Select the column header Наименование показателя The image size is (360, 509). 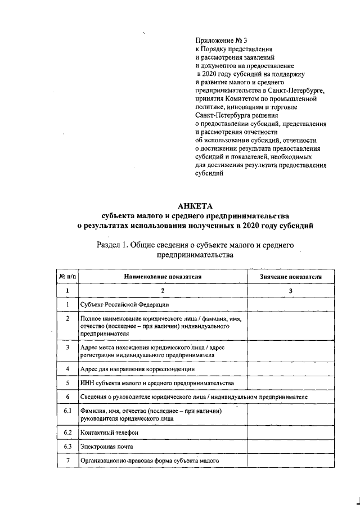click(x=163, y=277)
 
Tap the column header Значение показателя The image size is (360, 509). click(x=291, y=277)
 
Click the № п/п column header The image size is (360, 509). click(x=67, y=277)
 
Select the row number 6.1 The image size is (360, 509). click(x=67, y=411)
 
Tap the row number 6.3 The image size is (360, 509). click(x=67, y=447)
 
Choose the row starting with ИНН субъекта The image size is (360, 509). click(x=157, y=383)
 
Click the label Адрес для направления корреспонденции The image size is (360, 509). click(x=137, y=368)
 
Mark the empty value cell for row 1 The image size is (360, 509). click(x=291, y=304)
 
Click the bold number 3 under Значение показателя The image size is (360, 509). click(x=291, y=291)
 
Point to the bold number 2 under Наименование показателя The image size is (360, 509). click(x=163, y=291)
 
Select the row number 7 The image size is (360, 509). click(x=67, y=461)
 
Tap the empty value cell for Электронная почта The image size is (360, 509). click(x=291, y=447)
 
